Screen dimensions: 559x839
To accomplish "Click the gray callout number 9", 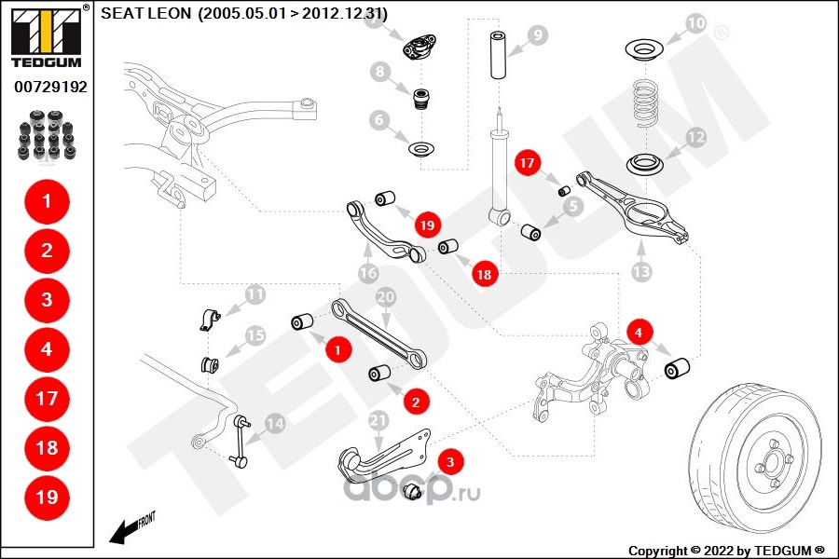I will coord(537,36).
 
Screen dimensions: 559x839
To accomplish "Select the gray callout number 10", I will coord(695,22).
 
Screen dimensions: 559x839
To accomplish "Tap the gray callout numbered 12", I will coord(695,137).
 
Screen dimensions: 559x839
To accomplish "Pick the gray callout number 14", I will coord(274,424).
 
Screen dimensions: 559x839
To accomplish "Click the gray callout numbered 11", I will coord(254,296).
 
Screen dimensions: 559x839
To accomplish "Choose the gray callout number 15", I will coord(254,335).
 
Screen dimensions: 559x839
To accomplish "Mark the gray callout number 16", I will coord(368,272).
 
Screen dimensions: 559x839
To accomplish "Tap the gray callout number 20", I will coord(385,297).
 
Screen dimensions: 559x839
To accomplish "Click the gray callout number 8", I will coord(378,71).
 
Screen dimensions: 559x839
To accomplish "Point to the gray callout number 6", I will coord(378,119).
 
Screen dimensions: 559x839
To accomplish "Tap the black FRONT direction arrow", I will coord(121,532).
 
